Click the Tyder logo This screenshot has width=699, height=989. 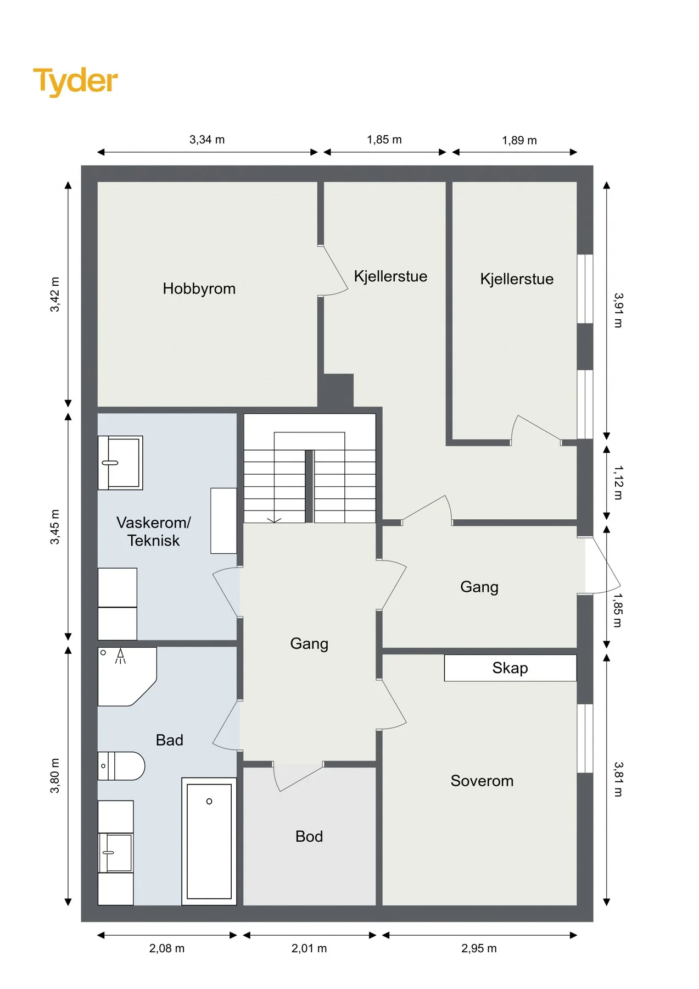[75, 81]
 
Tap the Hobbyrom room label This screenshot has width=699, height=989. [199, 289]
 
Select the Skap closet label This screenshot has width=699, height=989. [510, 668]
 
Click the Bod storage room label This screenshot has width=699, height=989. [309, 836]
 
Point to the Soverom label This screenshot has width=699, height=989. [482, 781]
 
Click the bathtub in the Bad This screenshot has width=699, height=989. [209, 841]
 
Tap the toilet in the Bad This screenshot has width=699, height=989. [121, 766]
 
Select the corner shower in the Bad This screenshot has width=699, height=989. [127, 676]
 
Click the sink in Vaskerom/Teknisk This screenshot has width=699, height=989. [120, 463]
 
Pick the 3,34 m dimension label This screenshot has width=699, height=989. [207, 140]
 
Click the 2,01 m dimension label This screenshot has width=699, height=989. [309, 948]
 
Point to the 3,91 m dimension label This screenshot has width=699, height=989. [618, 310]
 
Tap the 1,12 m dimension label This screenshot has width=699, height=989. [618, 482]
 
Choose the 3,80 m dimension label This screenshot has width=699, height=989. [55, 776]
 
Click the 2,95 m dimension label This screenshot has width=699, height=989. [479, 948]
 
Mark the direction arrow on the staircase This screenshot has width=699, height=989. [274, 519]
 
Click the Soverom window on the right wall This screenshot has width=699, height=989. [585, 738]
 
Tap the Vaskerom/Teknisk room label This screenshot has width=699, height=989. [154, 531]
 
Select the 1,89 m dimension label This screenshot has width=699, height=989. [519, 140]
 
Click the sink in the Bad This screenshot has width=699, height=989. [115, 853]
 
